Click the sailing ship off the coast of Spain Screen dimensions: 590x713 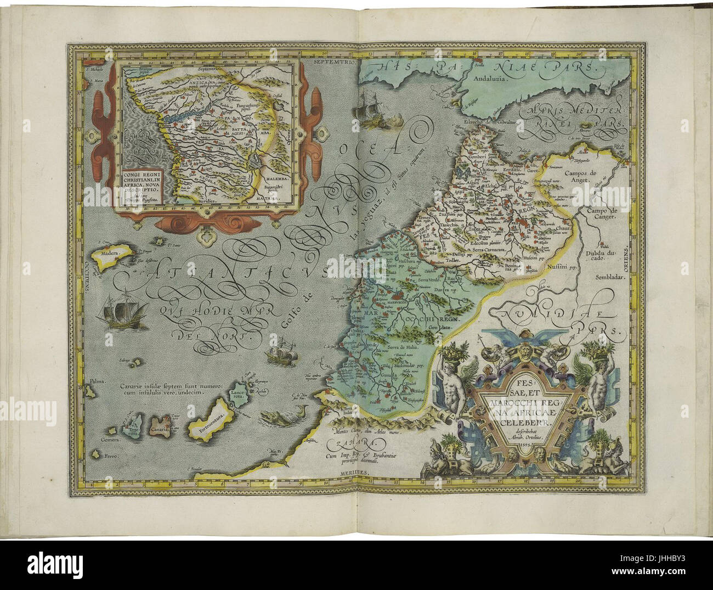[366, 111]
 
